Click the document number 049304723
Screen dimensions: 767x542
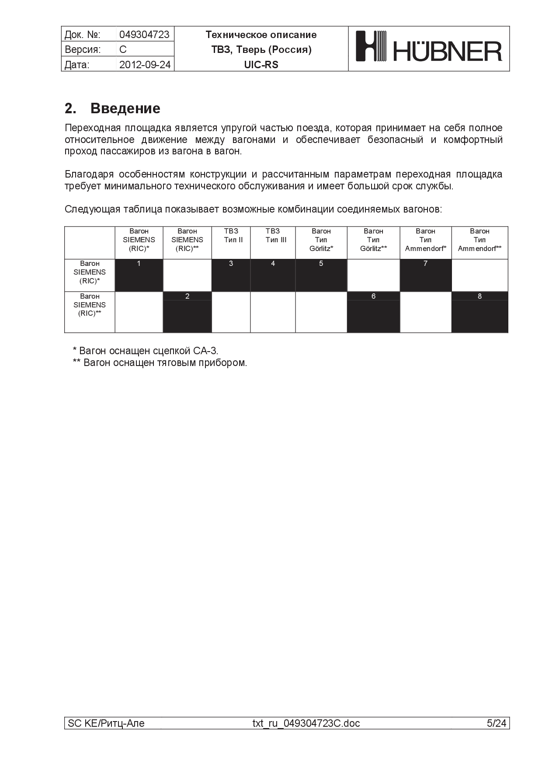point(144,35)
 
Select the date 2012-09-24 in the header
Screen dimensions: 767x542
point(145,65)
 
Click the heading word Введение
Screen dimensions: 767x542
point(125,108)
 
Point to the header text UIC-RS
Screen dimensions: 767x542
point(261,65)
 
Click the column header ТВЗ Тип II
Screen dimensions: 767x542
point(231,236)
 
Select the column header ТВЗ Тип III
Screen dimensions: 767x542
point(273,236)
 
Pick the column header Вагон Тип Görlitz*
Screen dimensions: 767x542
point(321,240)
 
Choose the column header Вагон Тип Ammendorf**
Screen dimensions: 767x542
point(479,240)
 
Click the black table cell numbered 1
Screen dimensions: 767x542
point(139,275)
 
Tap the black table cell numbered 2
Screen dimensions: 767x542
point(187,312)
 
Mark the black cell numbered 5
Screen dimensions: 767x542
point(321,275)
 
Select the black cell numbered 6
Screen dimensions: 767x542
point(373,312)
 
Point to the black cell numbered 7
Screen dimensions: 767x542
point(425,275)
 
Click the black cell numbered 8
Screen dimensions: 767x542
point(479,312)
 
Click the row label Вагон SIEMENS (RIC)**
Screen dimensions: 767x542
point(90,305)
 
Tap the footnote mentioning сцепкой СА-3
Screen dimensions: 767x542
point(146,351)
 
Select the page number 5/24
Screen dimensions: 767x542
point(497,723)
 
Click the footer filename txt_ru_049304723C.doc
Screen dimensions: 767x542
point(306,723)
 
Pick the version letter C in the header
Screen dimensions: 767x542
point(123,49)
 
